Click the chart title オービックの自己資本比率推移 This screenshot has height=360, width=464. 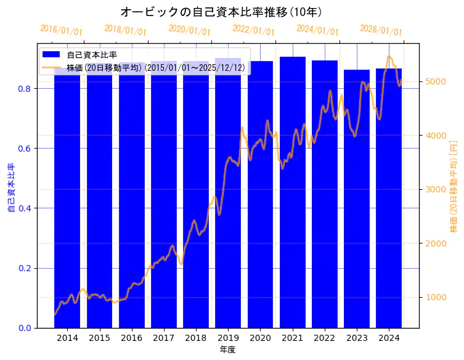[x=221, y=12]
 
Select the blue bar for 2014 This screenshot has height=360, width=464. [x=67, y=197]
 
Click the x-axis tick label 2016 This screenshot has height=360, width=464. [x=131, y=338]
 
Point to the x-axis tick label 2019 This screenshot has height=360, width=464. [x=228, y=338]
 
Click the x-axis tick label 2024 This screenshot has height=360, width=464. [x=389, y=338]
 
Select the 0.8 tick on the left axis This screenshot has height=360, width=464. [x=25, y=89]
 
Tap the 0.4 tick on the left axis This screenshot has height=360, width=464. [x=25, y=208]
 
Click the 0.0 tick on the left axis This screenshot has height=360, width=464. [x=25, y=328]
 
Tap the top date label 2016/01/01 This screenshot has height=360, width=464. [x=61, y=30]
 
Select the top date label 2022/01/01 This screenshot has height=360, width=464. [x=253, y=30]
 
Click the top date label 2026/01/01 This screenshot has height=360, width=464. [x=381, y=30]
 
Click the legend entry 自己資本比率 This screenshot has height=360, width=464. [x=92, y=55]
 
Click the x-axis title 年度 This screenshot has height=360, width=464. [x=228, y=350]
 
